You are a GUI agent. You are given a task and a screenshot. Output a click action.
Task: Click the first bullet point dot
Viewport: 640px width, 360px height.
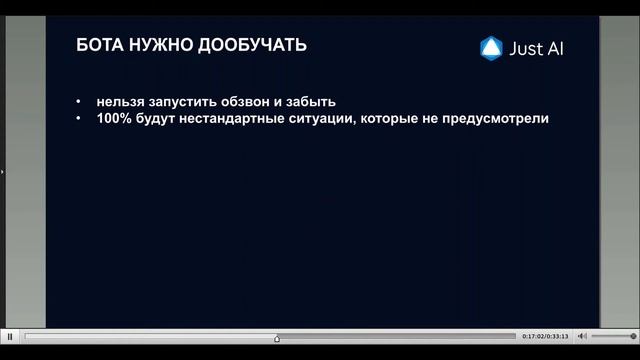point(79,102)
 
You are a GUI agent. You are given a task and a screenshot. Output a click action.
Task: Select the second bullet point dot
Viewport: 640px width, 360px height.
point(79,119)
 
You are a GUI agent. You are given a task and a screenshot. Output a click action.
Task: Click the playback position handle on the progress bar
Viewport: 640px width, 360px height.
point(277,337)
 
